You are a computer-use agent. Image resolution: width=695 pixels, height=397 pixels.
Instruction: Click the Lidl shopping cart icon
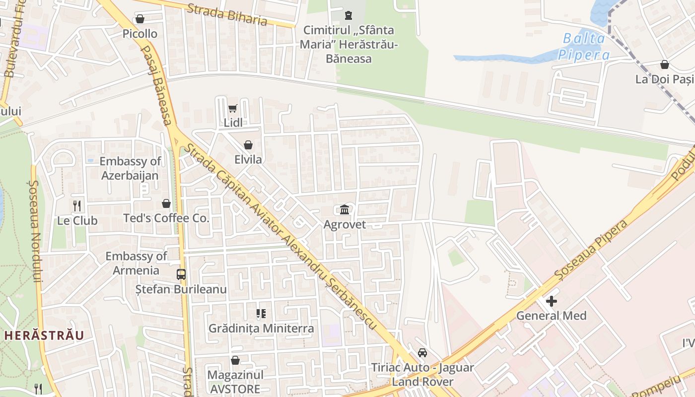tap(232, 108)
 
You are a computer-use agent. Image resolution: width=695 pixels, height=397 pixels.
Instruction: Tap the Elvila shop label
tap(248, 160)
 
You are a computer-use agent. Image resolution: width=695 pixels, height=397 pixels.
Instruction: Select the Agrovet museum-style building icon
tap(345, 209)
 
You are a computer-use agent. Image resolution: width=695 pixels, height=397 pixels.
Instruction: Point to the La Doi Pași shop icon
tap(664, 65)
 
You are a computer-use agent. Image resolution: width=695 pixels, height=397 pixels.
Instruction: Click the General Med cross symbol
tap(551, 301)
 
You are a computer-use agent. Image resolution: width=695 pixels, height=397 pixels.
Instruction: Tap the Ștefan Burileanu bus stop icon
tap(181, 274)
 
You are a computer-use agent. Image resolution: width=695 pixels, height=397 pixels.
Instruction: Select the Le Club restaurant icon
tap(77, 205)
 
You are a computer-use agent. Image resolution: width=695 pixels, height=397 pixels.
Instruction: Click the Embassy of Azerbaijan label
tap(130, 168)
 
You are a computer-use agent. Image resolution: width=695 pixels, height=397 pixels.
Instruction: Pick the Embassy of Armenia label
tap(136, 263)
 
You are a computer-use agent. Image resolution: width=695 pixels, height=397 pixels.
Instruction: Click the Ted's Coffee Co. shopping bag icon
tap(166, 203)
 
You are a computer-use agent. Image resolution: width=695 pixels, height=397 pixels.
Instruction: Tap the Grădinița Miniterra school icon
tap(261, 314)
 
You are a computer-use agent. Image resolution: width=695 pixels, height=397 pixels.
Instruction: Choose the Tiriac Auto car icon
tap(422, 353)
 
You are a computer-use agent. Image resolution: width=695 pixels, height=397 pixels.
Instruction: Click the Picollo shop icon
tap(140, 19)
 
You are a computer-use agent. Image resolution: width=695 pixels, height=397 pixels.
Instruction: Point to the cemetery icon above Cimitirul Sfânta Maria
tap(348, 15)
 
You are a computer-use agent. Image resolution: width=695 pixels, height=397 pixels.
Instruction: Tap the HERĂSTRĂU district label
tap(45, 335)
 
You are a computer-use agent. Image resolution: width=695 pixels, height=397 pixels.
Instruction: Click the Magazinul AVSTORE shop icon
tap(235, 360)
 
